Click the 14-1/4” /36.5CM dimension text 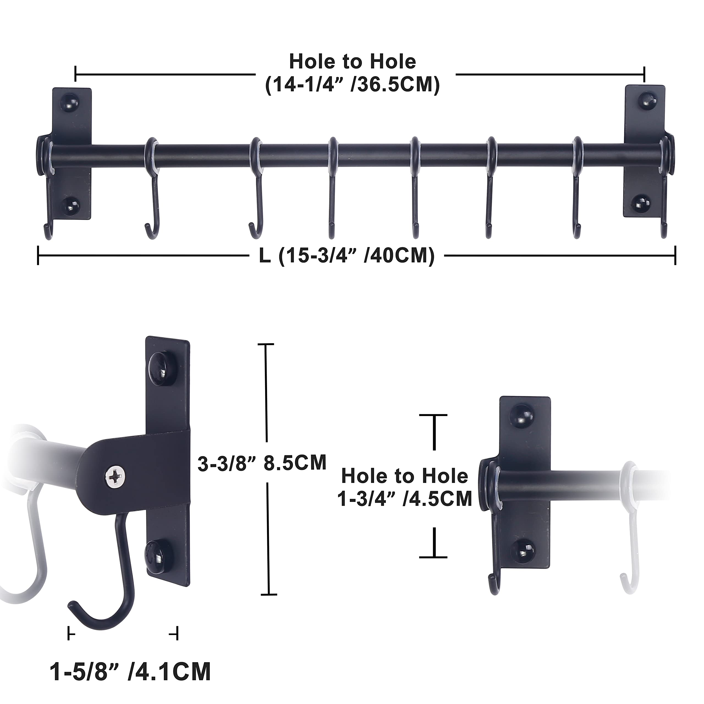[x=352, y=85]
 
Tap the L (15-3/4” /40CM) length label [x=346, y=255]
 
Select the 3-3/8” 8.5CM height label [x=262, y=463]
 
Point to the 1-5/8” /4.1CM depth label [x=130, y=671]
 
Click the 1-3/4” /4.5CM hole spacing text [x=405, y=499]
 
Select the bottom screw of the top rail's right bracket [x=640, y=203]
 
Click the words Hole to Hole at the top [x=352, y=62]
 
